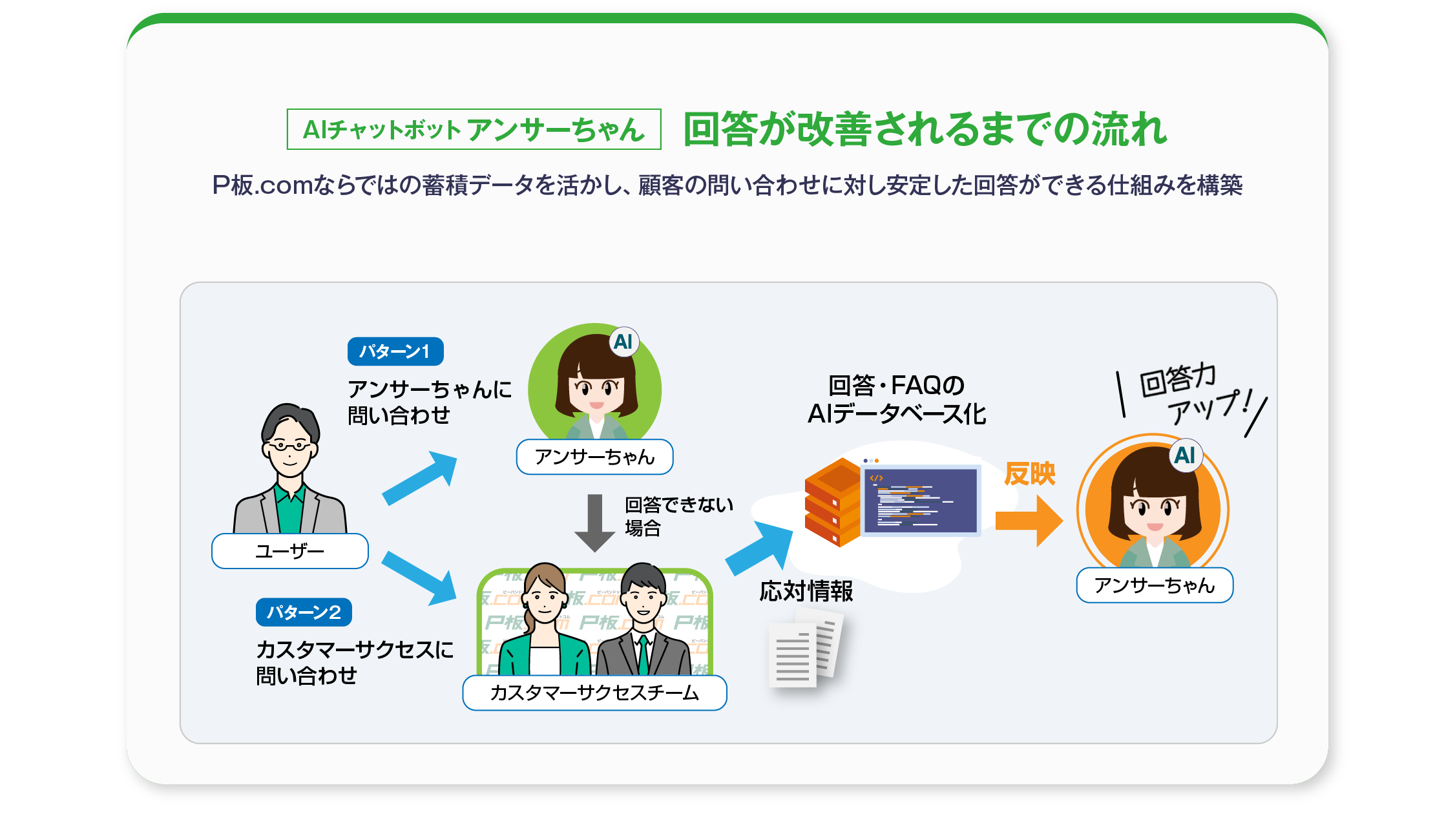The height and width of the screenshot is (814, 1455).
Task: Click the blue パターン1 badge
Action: click(395, 351)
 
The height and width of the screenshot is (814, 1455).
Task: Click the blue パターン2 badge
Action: click(304, 612)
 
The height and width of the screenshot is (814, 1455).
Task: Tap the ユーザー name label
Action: click(290, 551)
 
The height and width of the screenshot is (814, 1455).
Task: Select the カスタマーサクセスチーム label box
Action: click(594, 693)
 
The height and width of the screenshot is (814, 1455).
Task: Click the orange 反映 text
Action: click(1030, 474)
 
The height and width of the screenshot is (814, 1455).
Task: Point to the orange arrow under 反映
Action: click(1028, 521)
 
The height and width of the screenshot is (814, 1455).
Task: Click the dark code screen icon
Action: click(920, 501)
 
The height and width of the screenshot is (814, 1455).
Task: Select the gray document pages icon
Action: click(805, 652)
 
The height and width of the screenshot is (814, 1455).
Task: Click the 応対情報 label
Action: click(806, 591)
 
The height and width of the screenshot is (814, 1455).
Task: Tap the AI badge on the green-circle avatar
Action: click(623, 342)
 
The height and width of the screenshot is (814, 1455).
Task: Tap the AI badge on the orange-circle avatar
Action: click(1185, 455)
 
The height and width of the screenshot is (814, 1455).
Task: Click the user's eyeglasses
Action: click(289, 445)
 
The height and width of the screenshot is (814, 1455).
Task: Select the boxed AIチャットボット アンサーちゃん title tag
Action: click(474, 129)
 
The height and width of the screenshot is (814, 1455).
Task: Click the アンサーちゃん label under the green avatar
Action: click(594, 457)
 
